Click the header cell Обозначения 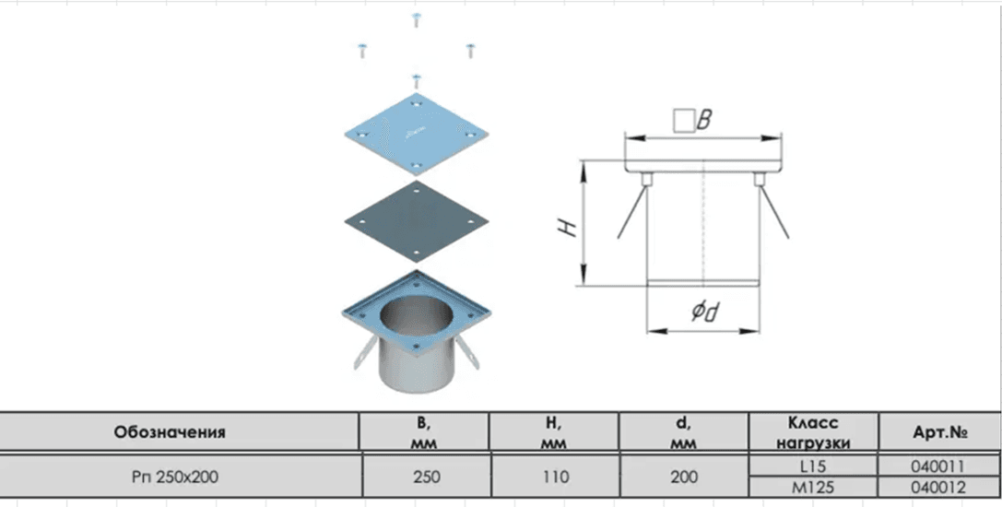(x=170, y=432)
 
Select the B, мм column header (x=424, y=432)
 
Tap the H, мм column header (x=553, y=432)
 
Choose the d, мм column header (x=683, y=432)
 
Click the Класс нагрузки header (x=813, y=432)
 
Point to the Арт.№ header (x=939, y=432)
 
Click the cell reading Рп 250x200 (x=175, y=477)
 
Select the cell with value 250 (x=426, y=477)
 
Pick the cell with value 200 (x=684, y=477)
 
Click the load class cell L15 (x=813, y=466)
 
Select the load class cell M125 (x=813, y=487)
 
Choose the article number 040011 (x=938, y=466)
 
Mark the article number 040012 (x=938, y=487)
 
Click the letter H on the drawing (x=567, y=228)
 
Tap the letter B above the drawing (x=703, y=120)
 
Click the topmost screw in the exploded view (x=417, y=19)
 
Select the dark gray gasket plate (x=416, y=220)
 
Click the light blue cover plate (x=416, y=135)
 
